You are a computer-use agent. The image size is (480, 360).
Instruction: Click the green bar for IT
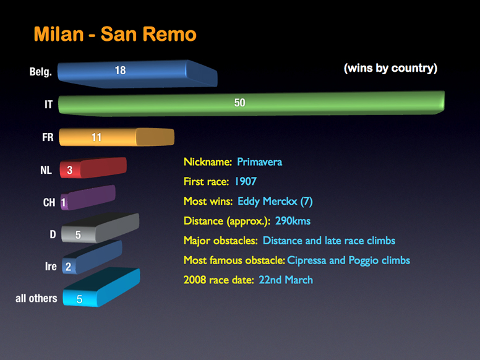(251, 103)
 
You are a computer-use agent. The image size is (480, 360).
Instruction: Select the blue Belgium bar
(137, 74)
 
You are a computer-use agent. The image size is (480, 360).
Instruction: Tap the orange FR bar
(116, 137)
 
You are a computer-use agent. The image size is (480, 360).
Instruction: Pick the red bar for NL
(93, 168)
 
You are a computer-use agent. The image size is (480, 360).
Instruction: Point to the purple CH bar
(88, 198)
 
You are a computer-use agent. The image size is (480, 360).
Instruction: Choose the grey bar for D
(100, 228)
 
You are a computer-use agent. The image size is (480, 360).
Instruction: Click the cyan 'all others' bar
(101, 287)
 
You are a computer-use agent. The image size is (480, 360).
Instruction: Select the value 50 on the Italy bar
(240, 103)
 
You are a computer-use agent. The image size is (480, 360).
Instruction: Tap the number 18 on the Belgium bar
(120, 71)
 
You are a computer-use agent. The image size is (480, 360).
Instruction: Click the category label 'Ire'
(51, 267)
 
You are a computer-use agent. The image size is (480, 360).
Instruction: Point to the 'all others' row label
(36, 298)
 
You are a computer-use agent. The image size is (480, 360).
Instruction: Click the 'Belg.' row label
(41, 72)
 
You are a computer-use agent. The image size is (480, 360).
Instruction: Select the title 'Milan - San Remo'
(115, 34)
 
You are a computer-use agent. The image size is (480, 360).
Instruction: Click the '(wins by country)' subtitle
(390, 68)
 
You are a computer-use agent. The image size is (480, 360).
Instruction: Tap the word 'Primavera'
(260, 161)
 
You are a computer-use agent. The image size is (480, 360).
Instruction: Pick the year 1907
(246, 181)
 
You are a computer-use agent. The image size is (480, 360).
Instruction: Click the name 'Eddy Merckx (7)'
(275, 202)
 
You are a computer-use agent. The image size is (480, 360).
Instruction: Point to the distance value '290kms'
(293, 221)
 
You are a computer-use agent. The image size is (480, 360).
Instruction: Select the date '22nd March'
(286, 280)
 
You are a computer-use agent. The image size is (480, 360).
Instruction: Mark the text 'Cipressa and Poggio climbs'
(349, 260)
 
